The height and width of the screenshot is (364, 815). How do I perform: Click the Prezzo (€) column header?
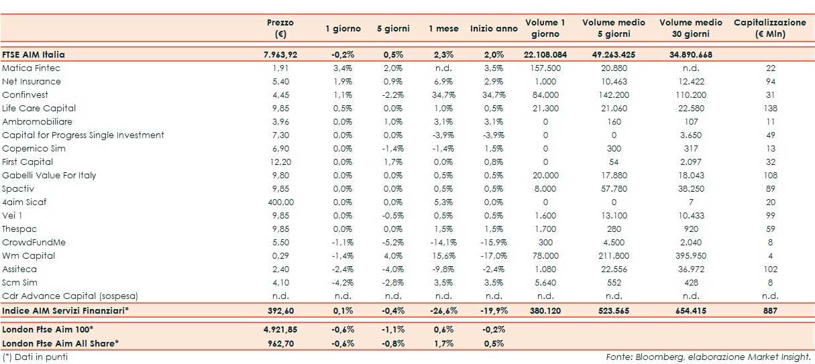(280, 28)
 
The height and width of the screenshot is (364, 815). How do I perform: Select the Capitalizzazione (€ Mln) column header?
(770, 28)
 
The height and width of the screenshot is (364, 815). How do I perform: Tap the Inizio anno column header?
(494, 29)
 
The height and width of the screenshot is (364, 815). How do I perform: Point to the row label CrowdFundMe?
(34, 243)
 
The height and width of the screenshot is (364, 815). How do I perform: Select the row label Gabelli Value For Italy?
(49, 176)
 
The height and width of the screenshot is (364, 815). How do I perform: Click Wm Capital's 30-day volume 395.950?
(690, 256)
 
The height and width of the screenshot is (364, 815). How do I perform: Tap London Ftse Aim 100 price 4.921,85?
(280, 330)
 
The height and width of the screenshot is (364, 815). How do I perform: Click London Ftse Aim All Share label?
(60, 343)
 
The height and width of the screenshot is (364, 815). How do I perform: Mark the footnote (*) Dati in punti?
(35, 357)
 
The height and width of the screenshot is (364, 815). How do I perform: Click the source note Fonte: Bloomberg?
(708, 357)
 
